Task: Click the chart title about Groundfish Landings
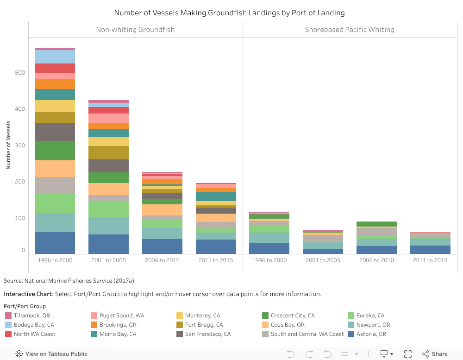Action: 229,13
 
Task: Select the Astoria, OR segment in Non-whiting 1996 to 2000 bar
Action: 55,243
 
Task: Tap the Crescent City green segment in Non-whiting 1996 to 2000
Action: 55,151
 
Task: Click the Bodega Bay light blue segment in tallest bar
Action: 55,57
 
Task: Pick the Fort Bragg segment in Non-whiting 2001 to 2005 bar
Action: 108,152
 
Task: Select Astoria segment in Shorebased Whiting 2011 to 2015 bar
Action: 430,250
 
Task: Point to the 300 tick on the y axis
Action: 20,145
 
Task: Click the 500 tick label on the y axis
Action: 20,73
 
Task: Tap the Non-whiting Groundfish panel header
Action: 135,30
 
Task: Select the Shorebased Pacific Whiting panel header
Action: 350,30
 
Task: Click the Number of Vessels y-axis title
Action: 8,145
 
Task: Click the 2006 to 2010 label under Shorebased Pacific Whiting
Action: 376,260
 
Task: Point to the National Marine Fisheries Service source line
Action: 69,281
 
